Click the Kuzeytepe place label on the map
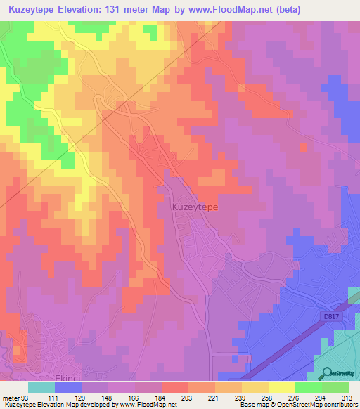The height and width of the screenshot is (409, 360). tap(195, 208)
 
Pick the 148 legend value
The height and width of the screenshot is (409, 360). tap(107, 398)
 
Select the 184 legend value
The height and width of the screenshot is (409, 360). tap(160, 398)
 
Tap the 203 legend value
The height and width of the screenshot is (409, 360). tap(187, 398)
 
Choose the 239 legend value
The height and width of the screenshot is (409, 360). tap(240, 398)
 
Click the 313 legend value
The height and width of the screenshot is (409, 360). tap(346, 398)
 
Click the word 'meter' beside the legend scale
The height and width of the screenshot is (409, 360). tap(11, 398)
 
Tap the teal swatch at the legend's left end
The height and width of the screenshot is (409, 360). tap(41, 387)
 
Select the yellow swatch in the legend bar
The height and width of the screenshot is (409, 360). tap(281, 387)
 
